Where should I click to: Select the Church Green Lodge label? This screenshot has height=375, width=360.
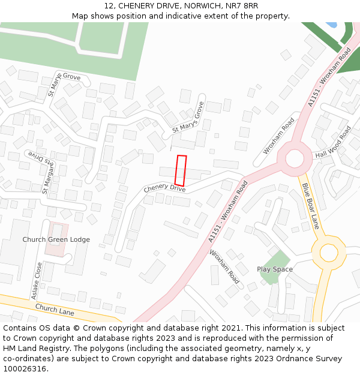56,239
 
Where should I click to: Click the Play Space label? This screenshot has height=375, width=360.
275,269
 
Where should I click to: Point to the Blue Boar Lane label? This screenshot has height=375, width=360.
310,206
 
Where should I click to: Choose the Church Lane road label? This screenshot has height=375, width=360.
55,310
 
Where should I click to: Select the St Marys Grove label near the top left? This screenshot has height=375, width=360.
64,85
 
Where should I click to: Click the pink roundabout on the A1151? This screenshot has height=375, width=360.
295,158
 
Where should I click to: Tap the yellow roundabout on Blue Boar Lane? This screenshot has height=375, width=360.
328,252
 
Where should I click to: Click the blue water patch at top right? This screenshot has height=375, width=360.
331,25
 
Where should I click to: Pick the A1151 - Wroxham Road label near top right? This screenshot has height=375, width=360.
329,78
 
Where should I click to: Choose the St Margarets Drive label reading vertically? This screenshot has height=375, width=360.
47,178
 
